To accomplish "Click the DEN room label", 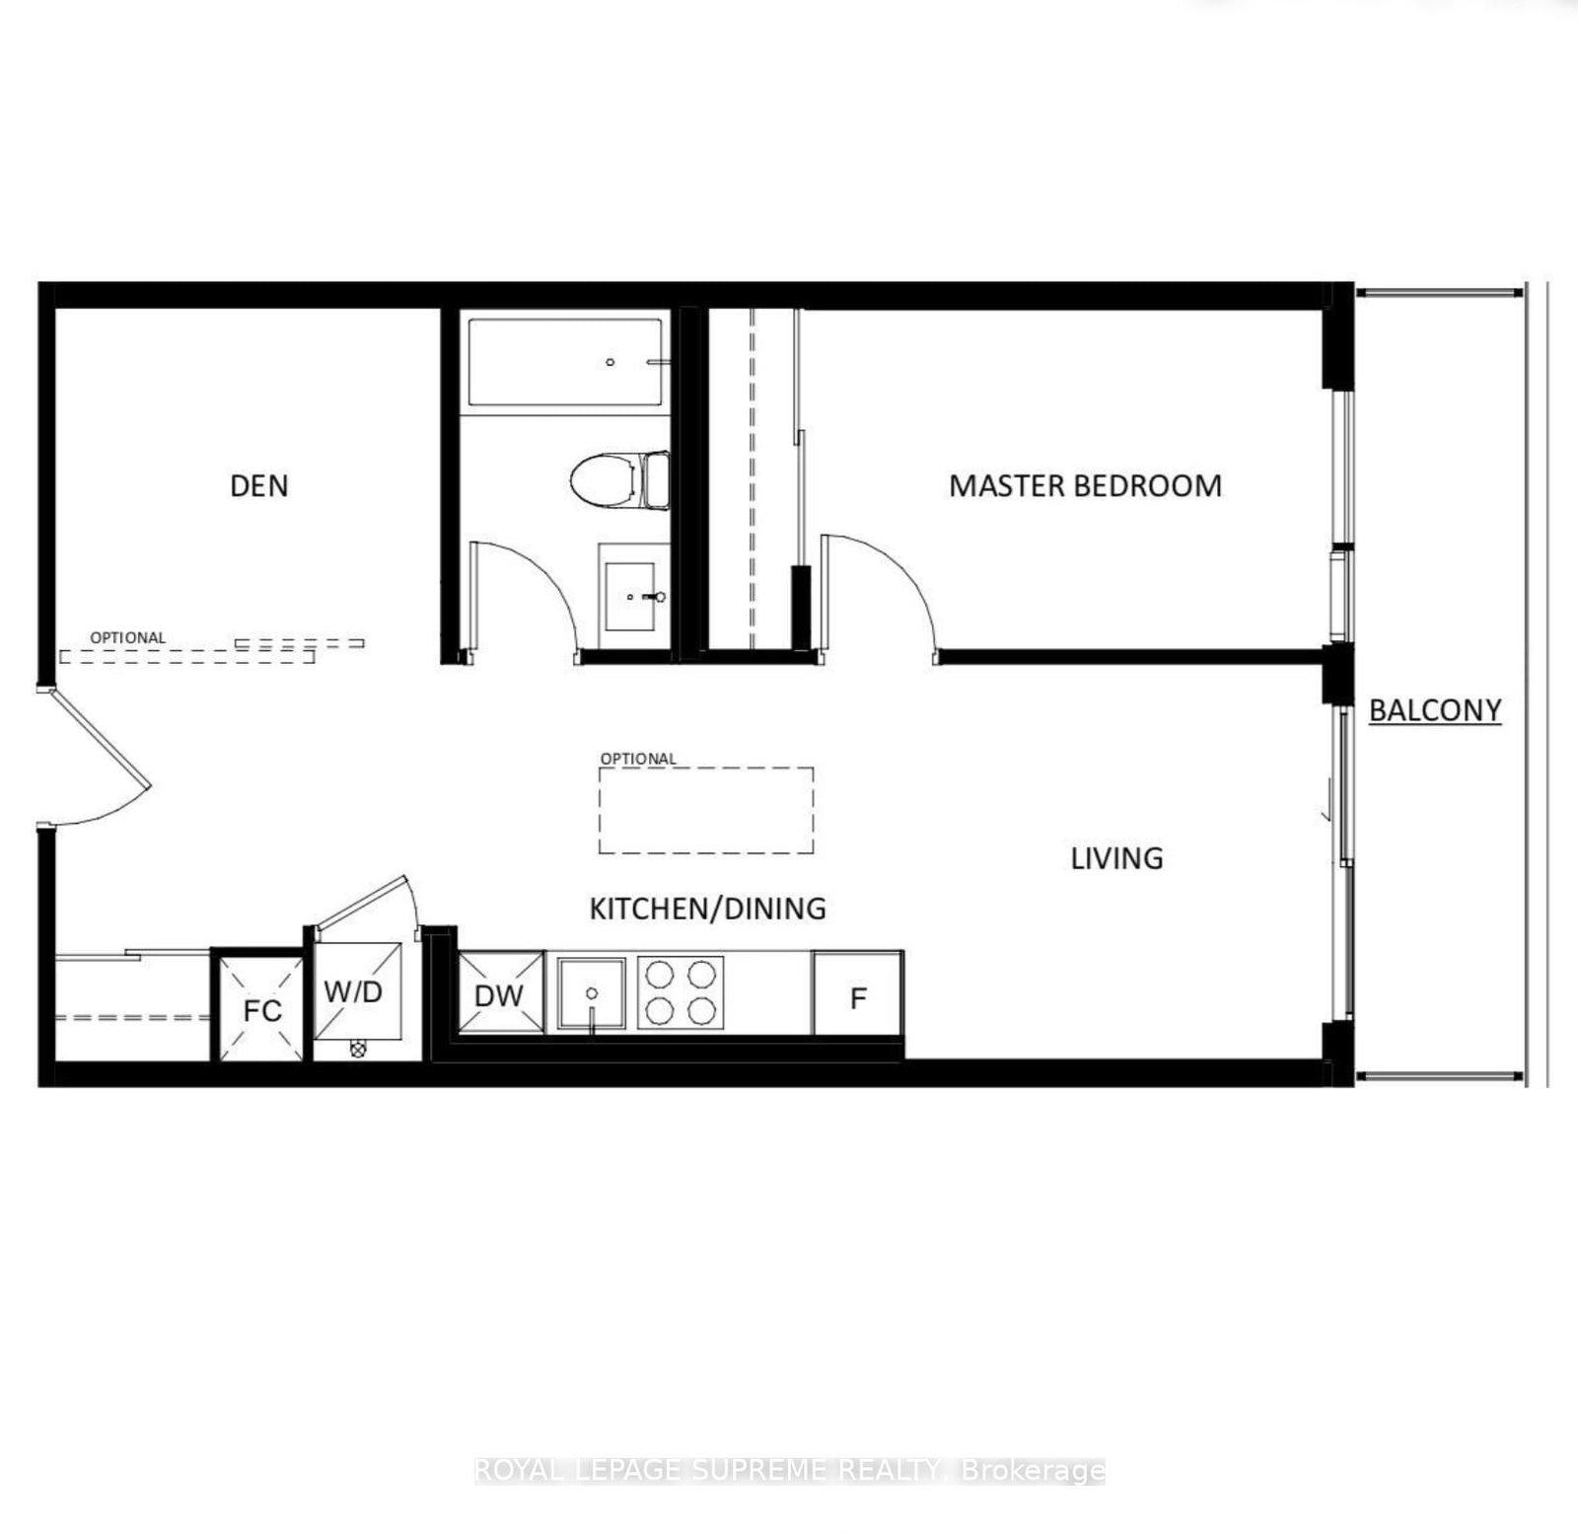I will (x=259, y=485).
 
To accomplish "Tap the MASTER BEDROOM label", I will (x=1085, y=485).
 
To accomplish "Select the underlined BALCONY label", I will (x=1435, y=710).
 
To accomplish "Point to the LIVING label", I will (x=1116, y=858).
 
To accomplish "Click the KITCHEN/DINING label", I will (x=707, y=908).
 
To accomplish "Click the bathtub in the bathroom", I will (x=565, y=362).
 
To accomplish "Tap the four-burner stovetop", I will (x=680, y=992).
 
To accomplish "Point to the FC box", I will (x=261, y=1009).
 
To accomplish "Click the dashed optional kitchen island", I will (x=706, y=810).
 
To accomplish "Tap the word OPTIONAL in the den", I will (x=128, y=638).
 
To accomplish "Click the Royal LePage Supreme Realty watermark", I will (x=789, y=1471).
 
